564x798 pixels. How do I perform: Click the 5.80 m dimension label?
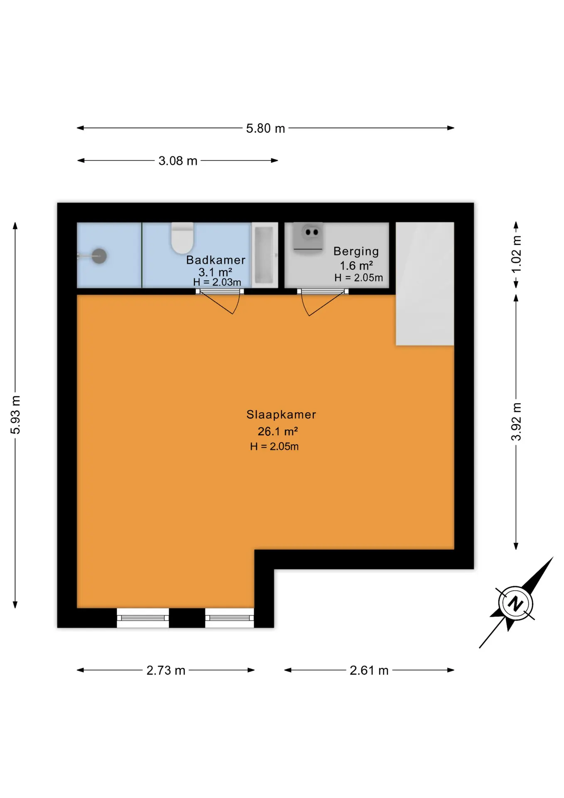coord(265,128)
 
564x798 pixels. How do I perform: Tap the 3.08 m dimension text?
coord(178,160)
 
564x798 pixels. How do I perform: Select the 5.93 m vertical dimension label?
coord(15,415)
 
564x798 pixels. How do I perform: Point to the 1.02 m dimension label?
coord(516,254)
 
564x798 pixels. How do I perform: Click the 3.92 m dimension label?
coord(516,421)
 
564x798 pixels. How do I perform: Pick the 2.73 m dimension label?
coord(166,670)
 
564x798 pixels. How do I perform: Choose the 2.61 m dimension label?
coord(369,670)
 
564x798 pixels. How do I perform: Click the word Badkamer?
coord(216,260)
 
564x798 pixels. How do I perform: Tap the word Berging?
coord(356,251)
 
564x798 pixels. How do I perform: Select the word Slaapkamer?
coord(281,414)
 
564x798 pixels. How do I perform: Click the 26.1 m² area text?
coord(277,431)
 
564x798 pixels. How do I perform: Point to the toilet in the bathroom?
coord(182,238)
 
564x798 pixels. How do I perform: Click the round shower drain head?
coord(99,256)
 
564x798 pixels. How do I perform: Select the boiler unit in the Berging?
coord(308,238)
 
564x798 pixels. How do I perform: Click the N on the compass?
coord(515,603)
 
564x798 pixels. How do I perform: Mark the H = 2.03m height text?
coord(217,282)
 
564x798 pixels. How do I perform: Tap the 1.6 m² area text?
coord(356,266)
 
